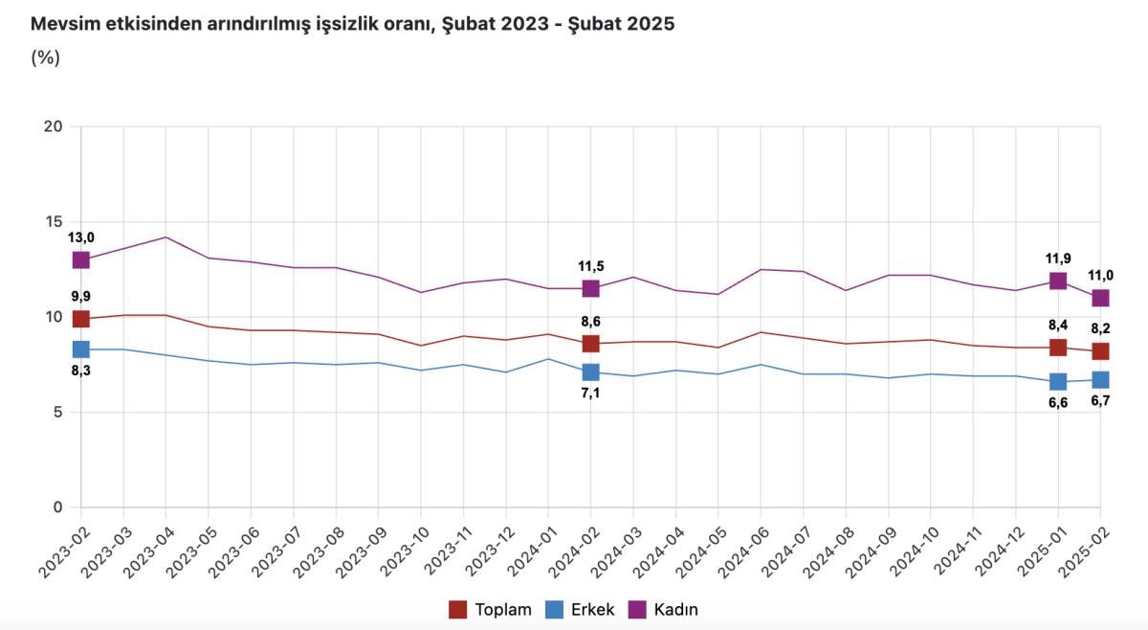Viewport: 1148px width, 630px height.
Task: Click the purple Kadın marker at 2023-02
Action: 80,259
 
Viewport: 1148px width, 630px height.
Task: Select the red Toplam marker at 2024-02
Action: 590,344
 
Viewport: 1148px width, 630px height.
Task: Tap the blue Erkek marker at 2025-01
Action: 1057,382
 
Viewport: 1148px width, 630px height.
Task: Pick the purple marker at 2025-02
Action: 1100,298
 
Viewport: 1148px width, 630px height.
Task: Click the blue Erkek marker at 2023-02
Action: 80,349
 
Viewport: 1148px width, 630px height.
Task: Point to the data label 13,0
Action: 80,237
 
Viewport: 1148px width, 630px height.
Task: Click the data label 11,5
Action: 590,266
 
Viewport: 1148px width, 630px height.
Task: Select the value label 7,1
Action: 590,394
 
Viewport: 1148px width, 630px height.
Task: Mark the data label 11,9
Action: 1057,259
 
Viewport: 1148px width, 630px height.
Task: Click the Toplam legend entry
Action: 490,609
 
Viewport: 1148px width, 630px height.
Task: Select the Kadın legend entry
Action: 664,609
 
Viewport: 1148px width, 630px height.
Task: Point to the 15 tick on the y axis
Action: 53,222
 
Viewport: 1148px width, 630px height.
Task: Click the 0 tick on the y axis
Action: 57,507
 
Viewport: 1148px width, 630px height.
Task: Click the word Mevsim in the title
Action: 65,25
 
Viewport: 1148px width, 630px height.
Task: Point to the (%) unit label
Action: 45,57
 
